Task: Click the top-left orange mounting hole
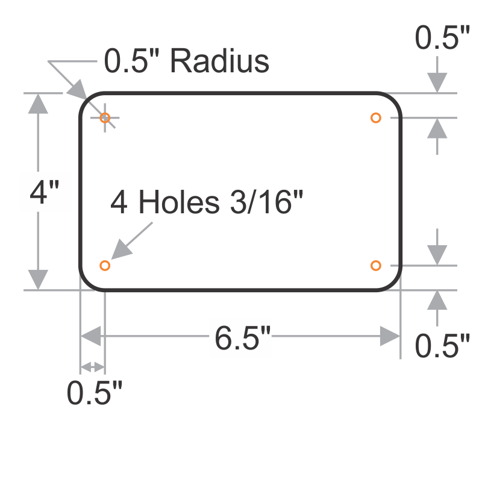(x=105, y=117)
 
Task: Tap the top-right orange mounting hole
(x=376, y=117)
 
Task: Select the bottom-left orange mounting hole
(x=105, y=265)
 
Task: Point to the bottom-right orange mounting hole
(x=376, y=265)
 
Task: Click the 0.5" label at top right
(x=442, y=39)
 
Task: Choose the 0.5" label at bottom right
(x=442, y=346)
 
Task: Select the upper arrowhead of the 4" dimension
(x=39, y=104)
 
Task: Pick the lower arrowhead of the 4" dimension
(x=39, y=279)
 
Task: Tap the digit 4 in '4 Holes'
(x=119, y=202)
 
